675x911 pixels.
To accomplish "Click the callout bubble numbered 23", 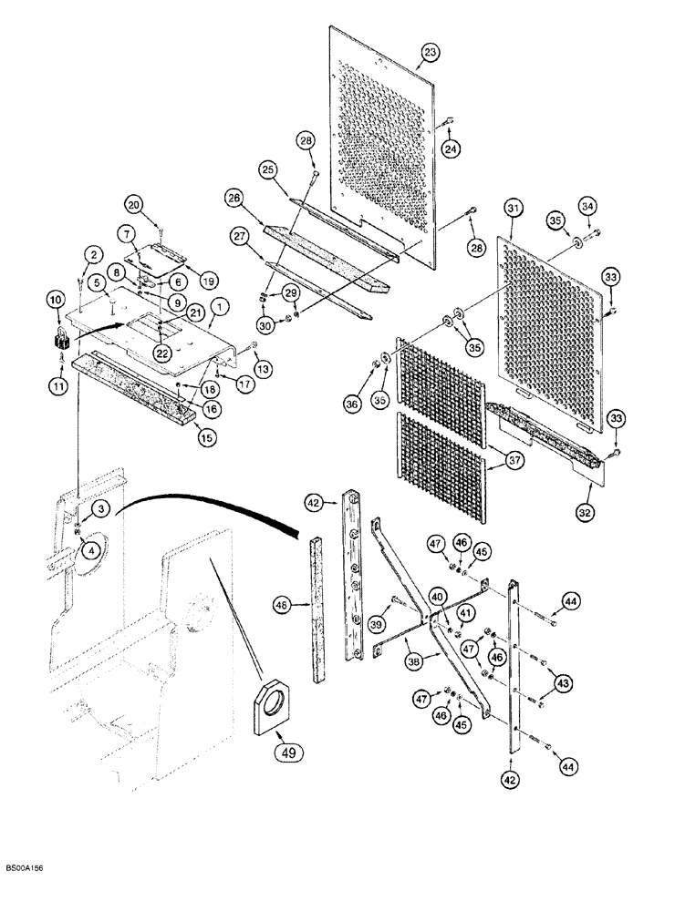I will (431, 54).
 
